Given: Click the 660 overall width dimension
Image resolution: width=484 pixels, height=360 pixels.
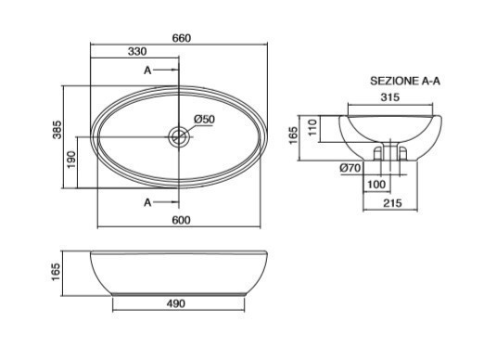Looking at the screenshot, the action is pyautogui.click(x=182, y=38).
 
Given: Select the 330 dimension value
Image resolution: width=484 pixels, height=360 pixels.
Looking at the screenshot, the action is pyautogui.click(x=137, y=51).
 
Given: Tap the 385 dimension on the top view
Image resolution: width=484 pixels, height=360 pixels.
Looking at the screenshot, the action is pyautogui.click(x=57, y=130).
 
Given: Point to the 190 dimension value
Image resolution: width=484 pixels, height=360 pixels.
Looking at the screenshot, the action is pyautogui.click(x=71, y=160).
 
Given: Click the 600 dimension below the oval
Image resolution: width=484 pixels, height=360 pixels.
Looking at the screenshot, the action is pyautogui.click(x=181, y=220).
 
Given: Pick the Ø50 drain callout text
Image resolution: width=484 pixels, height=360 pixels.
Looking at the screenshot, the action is pyautogui.click(x=204, y=119).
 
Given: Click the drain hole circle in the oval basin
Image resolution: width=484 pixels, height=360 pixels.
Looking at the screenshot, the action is pyautogui.click(x=179, y=137).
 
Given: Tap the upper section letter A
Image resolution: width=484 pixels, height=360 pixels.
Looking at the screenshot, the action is pyautogui.click(x=147, y=71).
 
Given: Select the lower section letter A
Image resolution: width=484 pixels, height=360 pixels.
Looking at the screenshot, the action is pyautogui.click(x=147, y=202).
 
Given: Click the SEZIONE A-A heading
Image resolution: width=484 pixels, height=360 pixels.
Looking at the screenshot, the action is pyautogui.click(x=405, y=81).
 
